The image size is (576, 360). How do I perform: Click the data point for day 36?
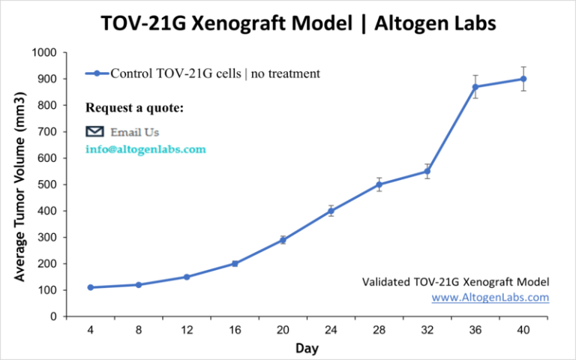pyautogui.click(x=475, y=87)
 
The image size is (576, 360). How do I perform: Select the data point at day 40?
pyautogui.click(x=523, y=79)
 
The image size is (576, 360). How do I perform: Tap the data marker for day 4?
pyautogui.click(x=90, y=287)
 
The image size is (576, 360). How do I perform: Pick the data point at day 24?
pyautogui.click(x=331, y=211)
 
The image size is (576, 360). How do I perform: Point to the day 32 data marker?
pyautogui.click(x=427, y=171)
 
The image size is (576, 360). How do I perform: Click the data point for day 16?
pyautogui.click(x=235, y=263)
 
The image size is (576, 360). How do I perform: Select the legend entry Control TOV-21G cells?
pyautogui.click(x=202, y=73)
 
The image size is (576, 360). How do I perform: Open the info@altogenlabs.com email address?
pyautogui.click(x=145, y=149)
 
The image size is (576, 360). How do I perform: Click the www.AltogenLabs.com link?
pyautogui.click(x=490, y=297)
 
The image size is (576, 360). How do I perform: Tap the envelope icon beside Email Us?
pyautogui.click(x=94, y=131)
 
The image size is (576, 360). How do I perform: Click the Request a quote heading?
pyautogui.click(x=134, y=108)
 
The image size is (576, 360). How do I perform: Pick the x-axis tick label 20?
pyautogui.click(x=283, y=331)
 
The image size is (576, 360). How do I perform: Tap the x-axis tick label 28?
pyautogui.click(x=379, y=331)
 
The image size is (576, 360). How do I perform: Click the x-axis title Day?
pyautogui.click(x=306, y=349)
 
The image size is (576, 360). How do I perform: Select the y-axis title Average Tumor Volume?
pyautogui.click(x=20, y=184)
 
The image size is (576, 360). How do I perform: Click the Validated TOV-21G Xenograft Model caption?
pyautogui.click(x=456, y=282)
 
